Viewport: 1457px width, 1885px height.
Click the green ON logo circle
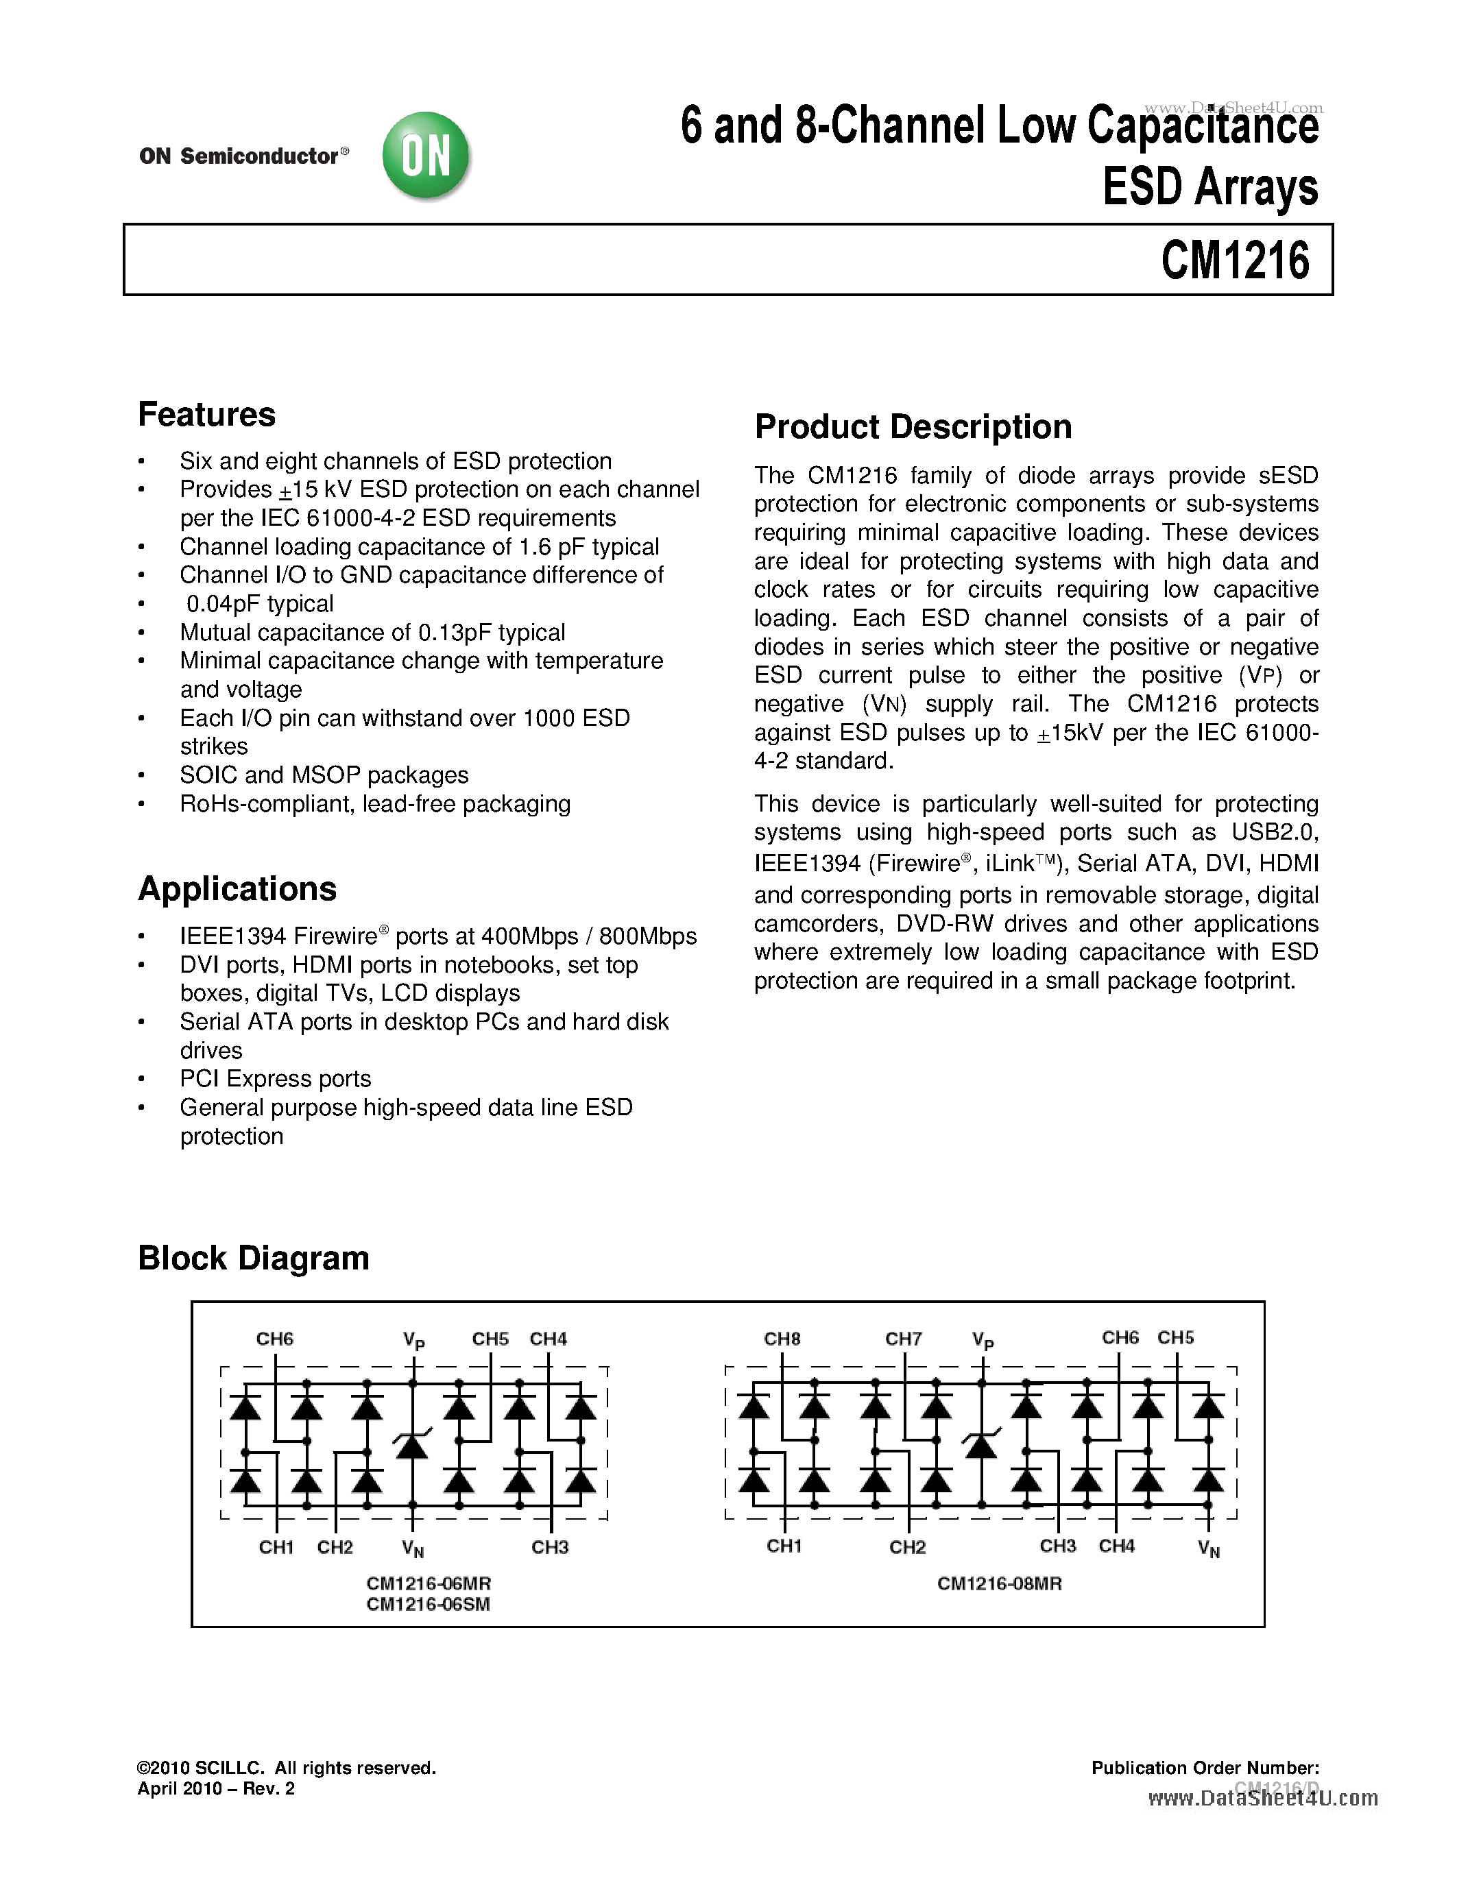point(426,156)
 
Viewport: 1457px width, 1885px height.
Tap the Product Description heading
point(913,427)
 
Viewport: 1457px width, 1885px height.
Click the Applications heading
point(237,889)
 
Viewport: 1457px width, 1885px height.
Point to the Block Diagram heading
point(253,1258)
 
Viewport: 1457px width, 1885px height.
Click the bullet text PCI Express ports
point(276,1079)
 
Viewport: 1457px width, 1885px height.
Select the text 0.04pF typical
point(260,604)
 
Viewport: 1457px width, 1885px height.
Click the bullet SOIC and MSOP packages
point(324,775)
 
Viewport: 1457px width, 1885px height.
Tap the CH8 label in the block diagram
point(782,1339)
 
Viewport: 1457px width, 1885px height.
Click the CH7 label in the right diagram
point(903,1339)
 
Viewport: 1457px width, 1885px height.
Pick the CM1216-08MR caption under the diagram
point(999,1584)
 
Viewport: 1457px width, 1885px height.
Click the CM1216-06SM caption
point(428,1605)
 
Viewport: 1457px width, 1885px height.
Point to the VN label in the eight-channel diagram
point(1208,1549)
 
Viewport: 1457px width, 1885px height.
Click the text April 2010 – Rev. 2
point(216,1788)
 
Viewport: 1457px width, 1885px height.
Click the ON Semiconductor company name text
point(240,156)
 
